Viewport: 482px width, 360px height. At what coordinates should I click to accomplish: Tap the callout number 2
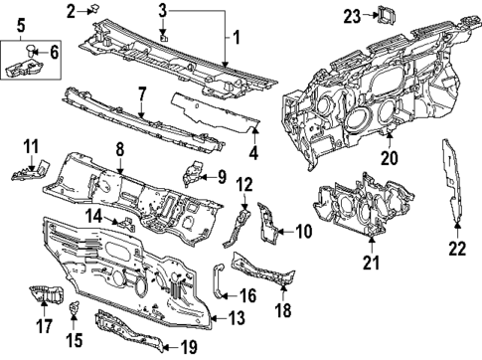72,11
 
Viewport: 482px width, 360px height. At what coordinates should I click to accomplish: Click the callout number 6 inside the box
54,51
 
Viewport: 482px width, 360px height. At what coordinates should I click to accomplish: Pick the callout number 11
30,146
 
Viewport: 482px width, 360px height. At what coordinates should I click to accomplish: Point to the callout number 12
244,183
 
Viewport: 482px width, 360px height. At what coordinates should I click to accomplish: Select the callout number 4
254,154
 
